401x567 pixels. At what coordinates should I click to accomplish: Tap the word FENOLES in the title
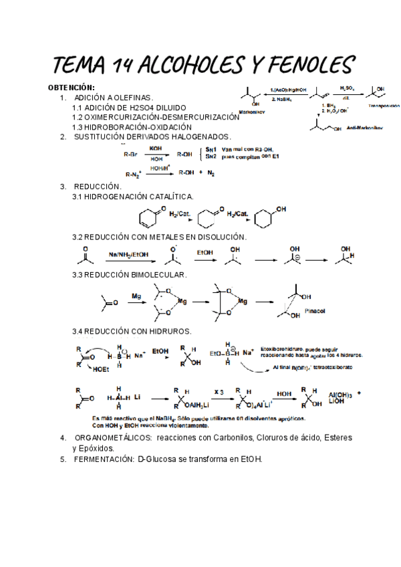pyautogui.click(x=305, y=65)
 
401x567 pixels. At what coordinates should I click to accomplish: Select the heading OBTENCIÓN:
pyautogui.click(x=72, y=88)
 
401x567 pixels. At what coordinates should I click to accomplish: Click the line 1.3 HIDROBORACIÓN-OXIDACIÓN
pyautogui.click(x=132, y=126)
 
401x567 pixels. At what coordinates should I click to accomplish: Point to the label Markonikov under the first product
pyautogui.click(x=252, y=112)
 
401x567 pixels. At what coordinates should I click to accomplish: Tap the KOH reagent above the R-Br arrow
pyautogui.click(x=156, y=148)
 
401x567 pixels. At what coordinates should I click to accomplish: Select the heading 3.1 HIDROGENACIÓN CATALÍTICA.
pyautogui.click(x=133, y=197)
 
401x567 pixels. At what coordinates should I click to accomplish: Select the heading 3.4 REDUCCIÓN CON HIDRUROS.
pyautogui.click(x=132, y=331)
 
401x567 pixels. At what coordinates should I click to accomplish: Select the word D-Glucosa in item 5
pyautogui.click(x=158, y=459)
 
